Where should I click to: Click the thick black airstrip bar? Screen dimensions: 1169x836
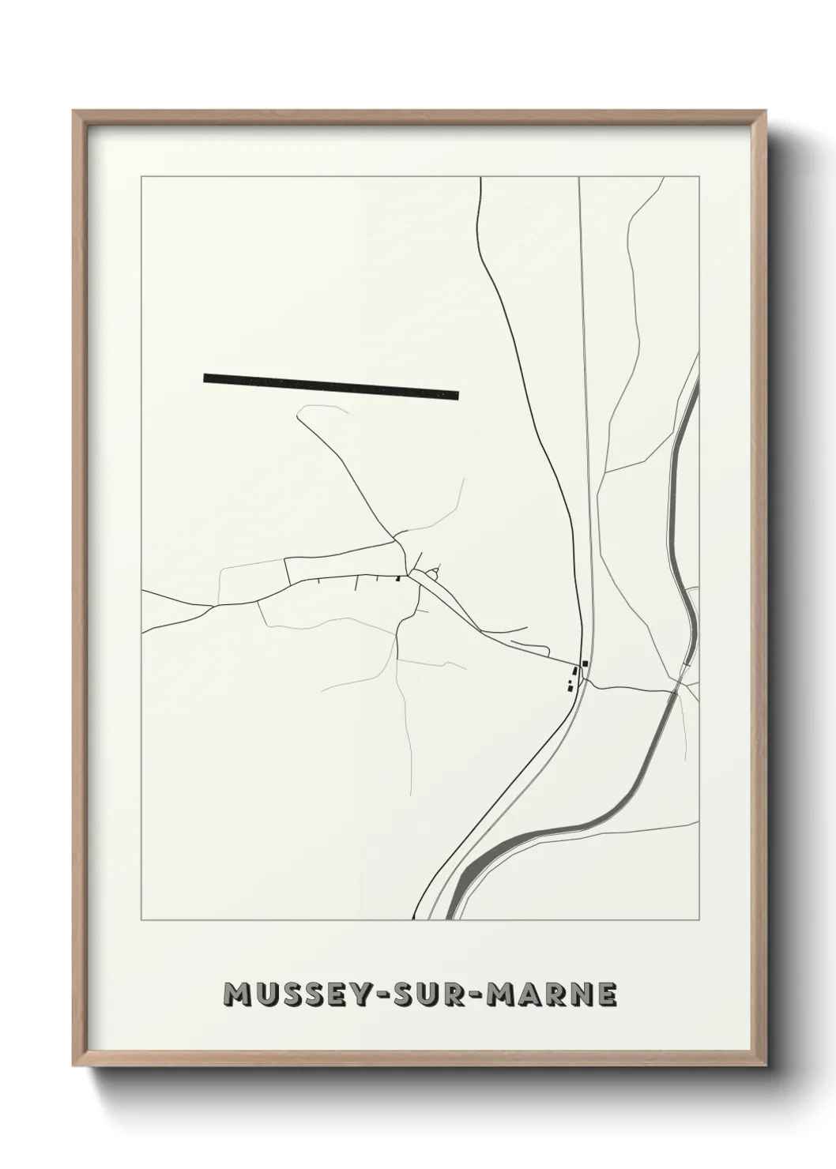[x=331, y=386]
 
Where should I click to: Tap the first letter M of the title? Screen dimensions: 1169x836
[x=237, y=996]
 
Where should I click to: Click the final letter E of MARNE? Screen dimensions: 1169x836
[x=607, y=996]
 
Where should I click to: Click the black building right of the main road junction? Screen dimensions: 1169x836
[x=585, y=663]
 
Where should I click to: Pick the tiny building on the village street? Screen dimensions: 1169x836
[x=398, y=577]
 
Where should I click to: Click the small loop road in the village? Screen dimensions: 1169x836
[x=434, y=569]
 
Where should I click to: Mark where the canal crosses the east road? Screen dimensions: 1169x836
[x=674, y=693]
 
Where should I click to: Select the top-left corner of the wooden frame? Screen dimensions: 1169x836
[x=75, y=111]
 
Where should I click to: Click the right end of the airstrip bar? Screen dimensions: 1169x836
[x=458, y=395]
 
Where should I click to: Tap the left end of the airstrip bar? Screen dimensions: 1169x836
[x=205, y=378]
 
